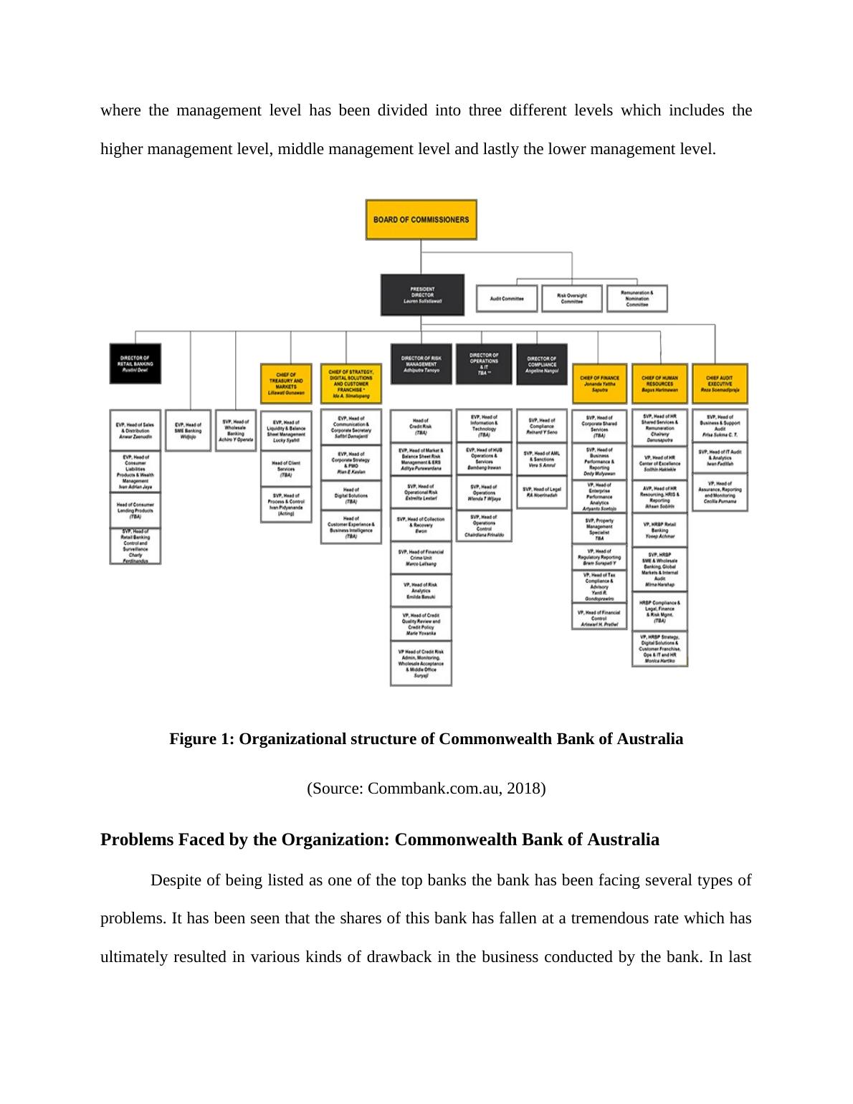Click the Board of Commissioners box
[421, 219]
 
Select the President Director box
[421, 295]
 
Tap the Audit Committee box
[507, 298]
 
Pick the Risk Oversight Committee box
[571, 298]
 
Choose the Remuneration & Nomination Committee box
[637, 298]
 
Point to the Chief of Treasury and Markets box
[286, 384]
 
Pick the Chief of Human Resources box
[659, 384]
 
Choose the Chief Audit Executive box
[720, 384]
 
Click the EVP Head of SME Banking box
[188, 430]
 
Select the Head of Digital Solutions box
[351, 495]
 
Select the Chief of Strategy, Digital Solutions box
[351, 384]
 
